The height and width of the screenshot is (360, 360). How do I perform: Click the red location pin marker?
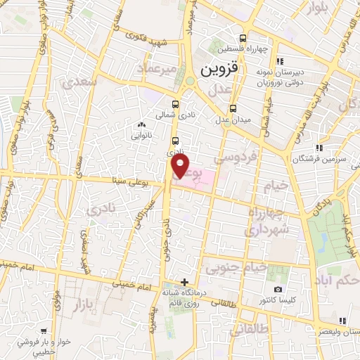coord(181,166)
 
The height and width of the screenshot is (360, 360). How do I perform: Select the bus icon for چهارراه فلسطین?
coord(243,39)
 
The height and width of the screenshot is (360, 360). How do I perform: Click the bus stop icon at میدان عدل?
coord(233,108)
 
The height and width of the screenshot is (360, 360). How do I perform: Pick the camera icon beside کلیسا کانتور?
coord(278,290)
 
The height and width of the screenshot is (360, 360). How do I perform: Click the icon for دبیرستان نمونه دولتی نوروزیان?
coord(281,62)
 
